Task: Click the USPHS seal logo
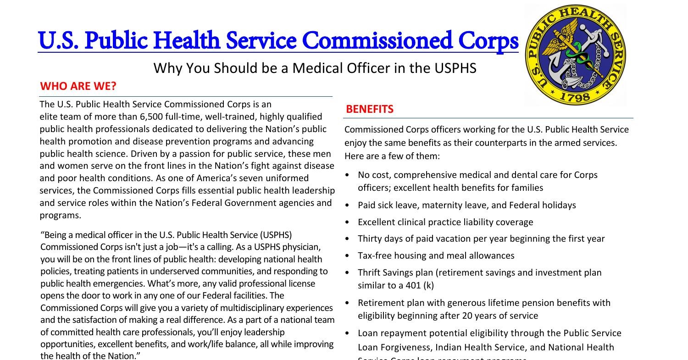pos(575,55)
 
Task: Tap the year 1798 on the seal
pos(575,97)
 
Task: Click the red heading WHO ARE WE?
pos(78,86)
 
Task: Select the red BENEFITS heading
pos(369,109)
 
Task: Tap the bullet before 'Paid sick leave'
pos(348,205)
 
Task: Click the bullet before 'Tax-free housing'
pos(348,256)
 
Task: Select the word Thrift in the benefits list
pos(371,272)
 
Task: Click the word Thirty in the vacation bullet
pos(372,238)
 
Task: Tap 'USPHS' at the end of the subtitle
pos(457,68)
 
